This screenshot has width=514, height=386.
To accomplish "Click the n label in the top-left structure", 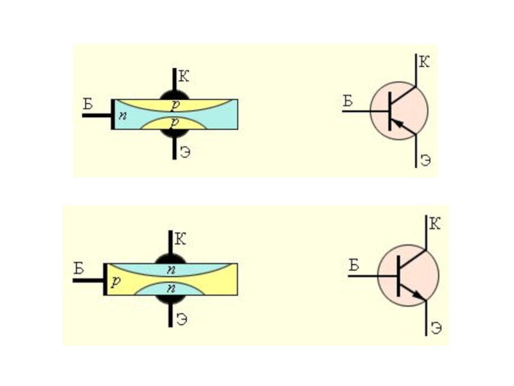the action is click(121, 116).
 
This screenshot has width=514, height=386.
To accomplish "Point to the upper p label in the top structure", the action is click(173, 104).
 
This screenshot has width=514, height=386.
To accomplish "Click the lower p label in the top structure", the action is click(173, 122).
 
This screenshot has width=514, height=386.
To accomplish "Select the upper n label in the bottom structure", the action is click(170, 268).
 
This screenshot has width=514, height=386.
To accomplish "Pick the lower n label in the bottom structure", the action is click(170, 288).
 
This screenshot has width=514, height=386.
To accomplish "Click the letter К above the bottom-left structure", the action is click(181, 240).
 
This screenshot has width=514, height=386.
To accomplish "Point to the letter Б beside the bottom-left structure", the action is click(79, 268).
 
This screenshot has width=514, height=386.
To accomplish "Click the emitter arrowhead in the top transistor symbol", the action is click(397, 124).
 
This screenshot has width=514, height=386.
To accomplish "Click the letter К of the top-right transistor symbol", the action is click(425, 62).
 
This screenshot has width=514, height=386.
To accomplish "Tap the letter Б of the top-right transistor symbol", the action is click(348, 100).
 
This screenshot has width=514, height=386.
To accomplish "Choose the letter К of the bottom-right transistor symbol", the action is click(434, 225).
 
